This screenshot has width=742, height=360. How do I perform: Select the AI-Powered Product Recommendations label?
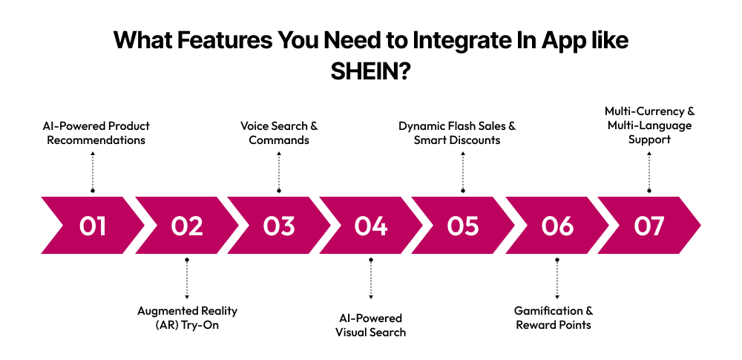pos(96,133)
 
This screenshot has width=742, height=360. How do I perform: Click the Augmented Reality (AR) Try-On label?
pos(187,318)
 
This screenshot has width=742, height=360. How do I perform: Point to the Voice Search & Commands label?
pos(279,133)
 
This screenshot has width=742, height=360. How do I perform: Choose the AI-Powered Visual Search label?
pos(370,325)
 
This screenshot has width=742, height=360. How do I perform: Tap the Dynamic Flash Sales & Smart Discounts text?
pos(457,133)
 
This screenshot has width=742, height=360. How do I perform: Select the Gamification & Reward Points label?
pos(554,318)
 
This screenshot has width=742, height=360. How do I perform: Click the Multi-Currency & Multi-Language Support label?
pos(649,125)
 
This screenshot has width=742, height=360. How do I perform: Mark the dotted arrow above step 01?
pos(93,171)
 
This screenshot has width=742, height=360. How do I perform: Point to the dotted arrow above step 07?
pos(649,171)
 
